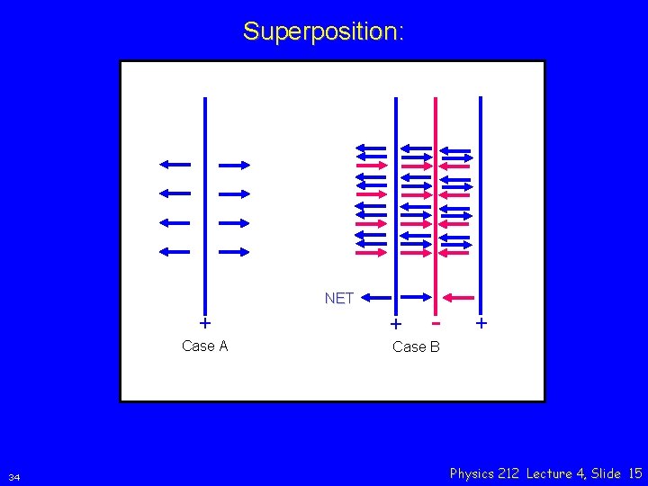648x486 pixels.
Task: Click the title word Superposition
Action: coord(323,31)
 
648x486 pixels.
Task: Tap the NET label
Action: coord(338,298)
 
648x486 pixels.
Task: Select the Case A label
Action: coord(204,346)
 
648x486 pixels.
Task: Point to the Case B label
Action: coord(416,346)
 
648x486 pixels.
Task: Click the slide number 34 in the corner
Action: coord(13,476)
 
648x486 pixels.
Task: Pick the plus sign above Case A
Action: coord(205,322)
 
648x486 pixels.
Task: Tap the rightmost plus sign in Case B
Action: coord(481,322)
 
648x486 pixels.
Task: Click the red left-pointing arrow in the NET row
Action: coord(459,297)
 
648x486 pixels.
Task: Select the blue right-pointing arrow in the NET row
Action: coord(415,297)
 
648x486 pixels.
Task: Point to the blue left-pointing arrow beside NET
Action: coord(376,297)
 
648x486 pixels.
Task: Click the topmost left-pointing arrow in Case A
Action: coord(175,164)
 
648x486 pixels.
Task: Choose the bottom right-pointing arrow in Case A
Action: coord(234,252)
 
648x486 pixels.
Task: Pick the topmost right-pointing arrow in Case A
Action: coord(234,165)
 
